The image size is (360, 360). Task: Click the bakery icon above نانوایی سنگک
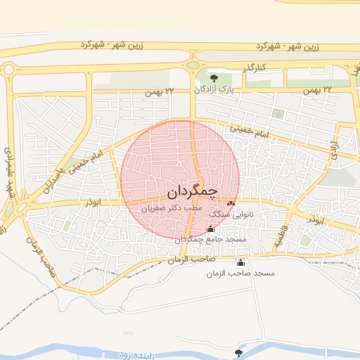pos(231,203)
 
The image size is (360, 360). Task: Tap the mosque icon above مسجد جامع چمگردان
pos(211,228)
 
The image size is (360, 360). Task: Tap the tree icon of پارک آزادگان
pos(214,77)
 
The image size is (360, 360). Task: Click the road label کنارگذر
pos(252,68)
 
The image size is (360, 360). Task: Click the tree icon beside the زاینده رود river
pos(239,352)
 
